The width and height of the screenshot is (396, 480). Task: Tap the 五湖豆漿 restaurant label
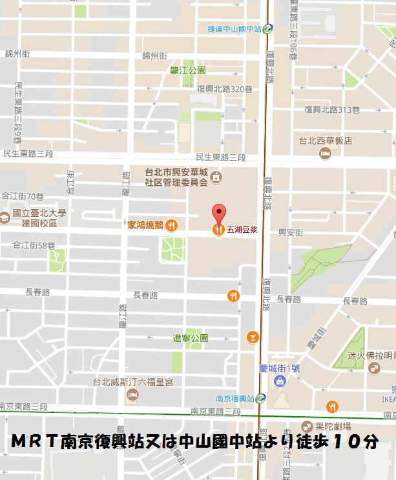coord(242,229)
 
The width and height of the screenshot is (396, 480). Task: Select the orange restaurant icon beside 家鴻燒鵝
coord(171,225)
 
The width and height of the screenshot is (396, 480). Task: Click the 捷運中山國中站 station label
coord(235,28)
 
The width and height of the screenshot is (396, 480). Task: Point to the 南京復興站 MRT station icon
coord(260,398)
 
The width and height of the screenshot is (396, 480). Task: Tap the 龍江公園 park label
coord(187,70)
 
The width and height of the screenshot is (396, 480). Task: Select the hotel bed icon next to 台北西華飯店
coord(325,154)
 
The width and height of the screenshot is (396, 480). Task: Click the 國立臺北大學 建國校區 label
coord(34,217)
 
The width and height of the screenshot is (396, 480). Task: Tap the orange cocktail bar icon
coord(253,337)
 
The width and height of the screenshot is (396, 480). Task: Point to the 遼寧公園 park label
coord(190,338)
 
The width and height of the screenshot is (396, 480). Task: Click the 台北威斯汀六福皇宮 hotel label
coord(133,381)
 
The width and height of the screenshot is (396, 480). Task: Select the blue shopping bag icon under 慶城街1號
coord(280,382)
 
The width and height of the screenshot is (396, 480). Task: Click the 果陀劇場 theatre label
coord(333,426)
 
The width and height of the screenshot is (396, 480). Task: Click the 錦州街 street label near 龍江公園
coord(154,55)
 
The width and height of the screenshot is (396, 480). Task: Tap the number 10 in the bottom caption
coord(346,442)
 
